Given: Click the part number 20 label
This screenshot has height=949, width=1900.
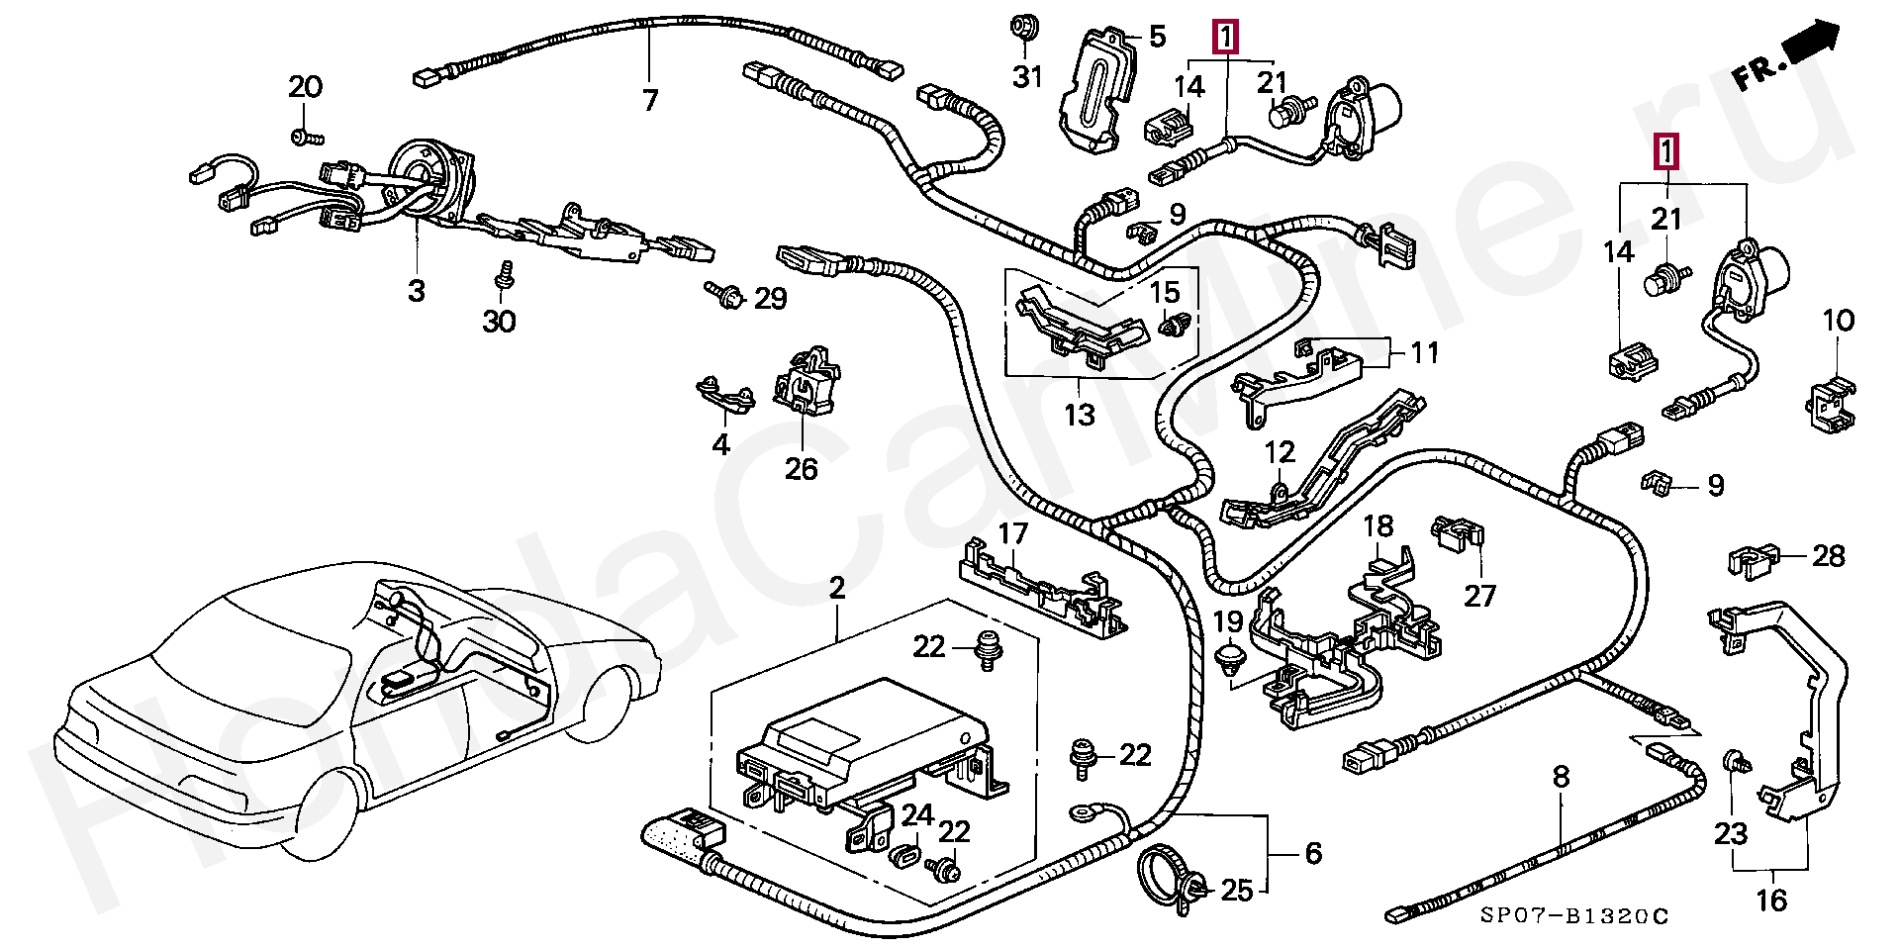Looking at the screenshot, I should [x=305, y=87].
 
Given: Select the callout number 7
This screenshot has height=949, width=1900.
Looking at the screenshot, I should [x=649, y=100].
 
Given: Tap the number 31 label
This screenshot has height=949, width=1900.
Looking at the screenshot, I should [x=1027, y=76].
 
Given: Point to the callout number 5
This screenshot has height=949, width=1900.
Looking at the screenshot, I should [x=1157, y=38].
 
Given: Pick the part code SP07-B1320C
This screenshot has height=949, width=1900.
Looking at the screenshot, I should [x=1573, y=916].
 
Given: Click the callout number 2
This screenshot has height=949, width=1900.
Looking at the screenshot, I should [x=837, y=588].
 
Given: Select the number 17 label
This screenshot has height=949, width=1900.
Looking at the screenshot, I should [x=1012, y=534].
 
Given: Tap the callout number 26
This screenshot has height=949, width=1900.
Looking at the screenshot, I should [x=801, y=468].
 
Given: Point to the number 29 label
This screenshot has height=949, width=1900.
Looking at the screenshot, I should [x=770, y=298].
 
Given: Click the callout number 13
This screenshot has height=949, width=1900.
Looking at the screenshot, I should [x=1079, y=414].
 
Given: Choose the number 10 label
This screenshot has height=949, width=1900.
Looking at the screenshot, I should [x=1838, y=321].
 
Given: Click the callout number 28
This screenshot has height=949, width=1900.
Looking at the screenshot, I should [x=1829, y=556].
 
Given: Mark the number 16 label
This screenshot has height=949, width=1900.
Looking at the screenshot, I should [x=1771, y=901].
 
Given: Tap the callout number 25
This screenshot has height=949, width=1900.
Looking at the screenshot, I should [x=1237, y=891].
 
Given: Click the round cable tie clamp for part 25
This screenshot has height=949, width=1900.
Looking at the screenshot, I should [x=1166, y=872].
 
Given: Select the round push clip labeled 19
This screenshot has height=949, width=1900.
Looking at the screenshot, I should [x=1229, y=659].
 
